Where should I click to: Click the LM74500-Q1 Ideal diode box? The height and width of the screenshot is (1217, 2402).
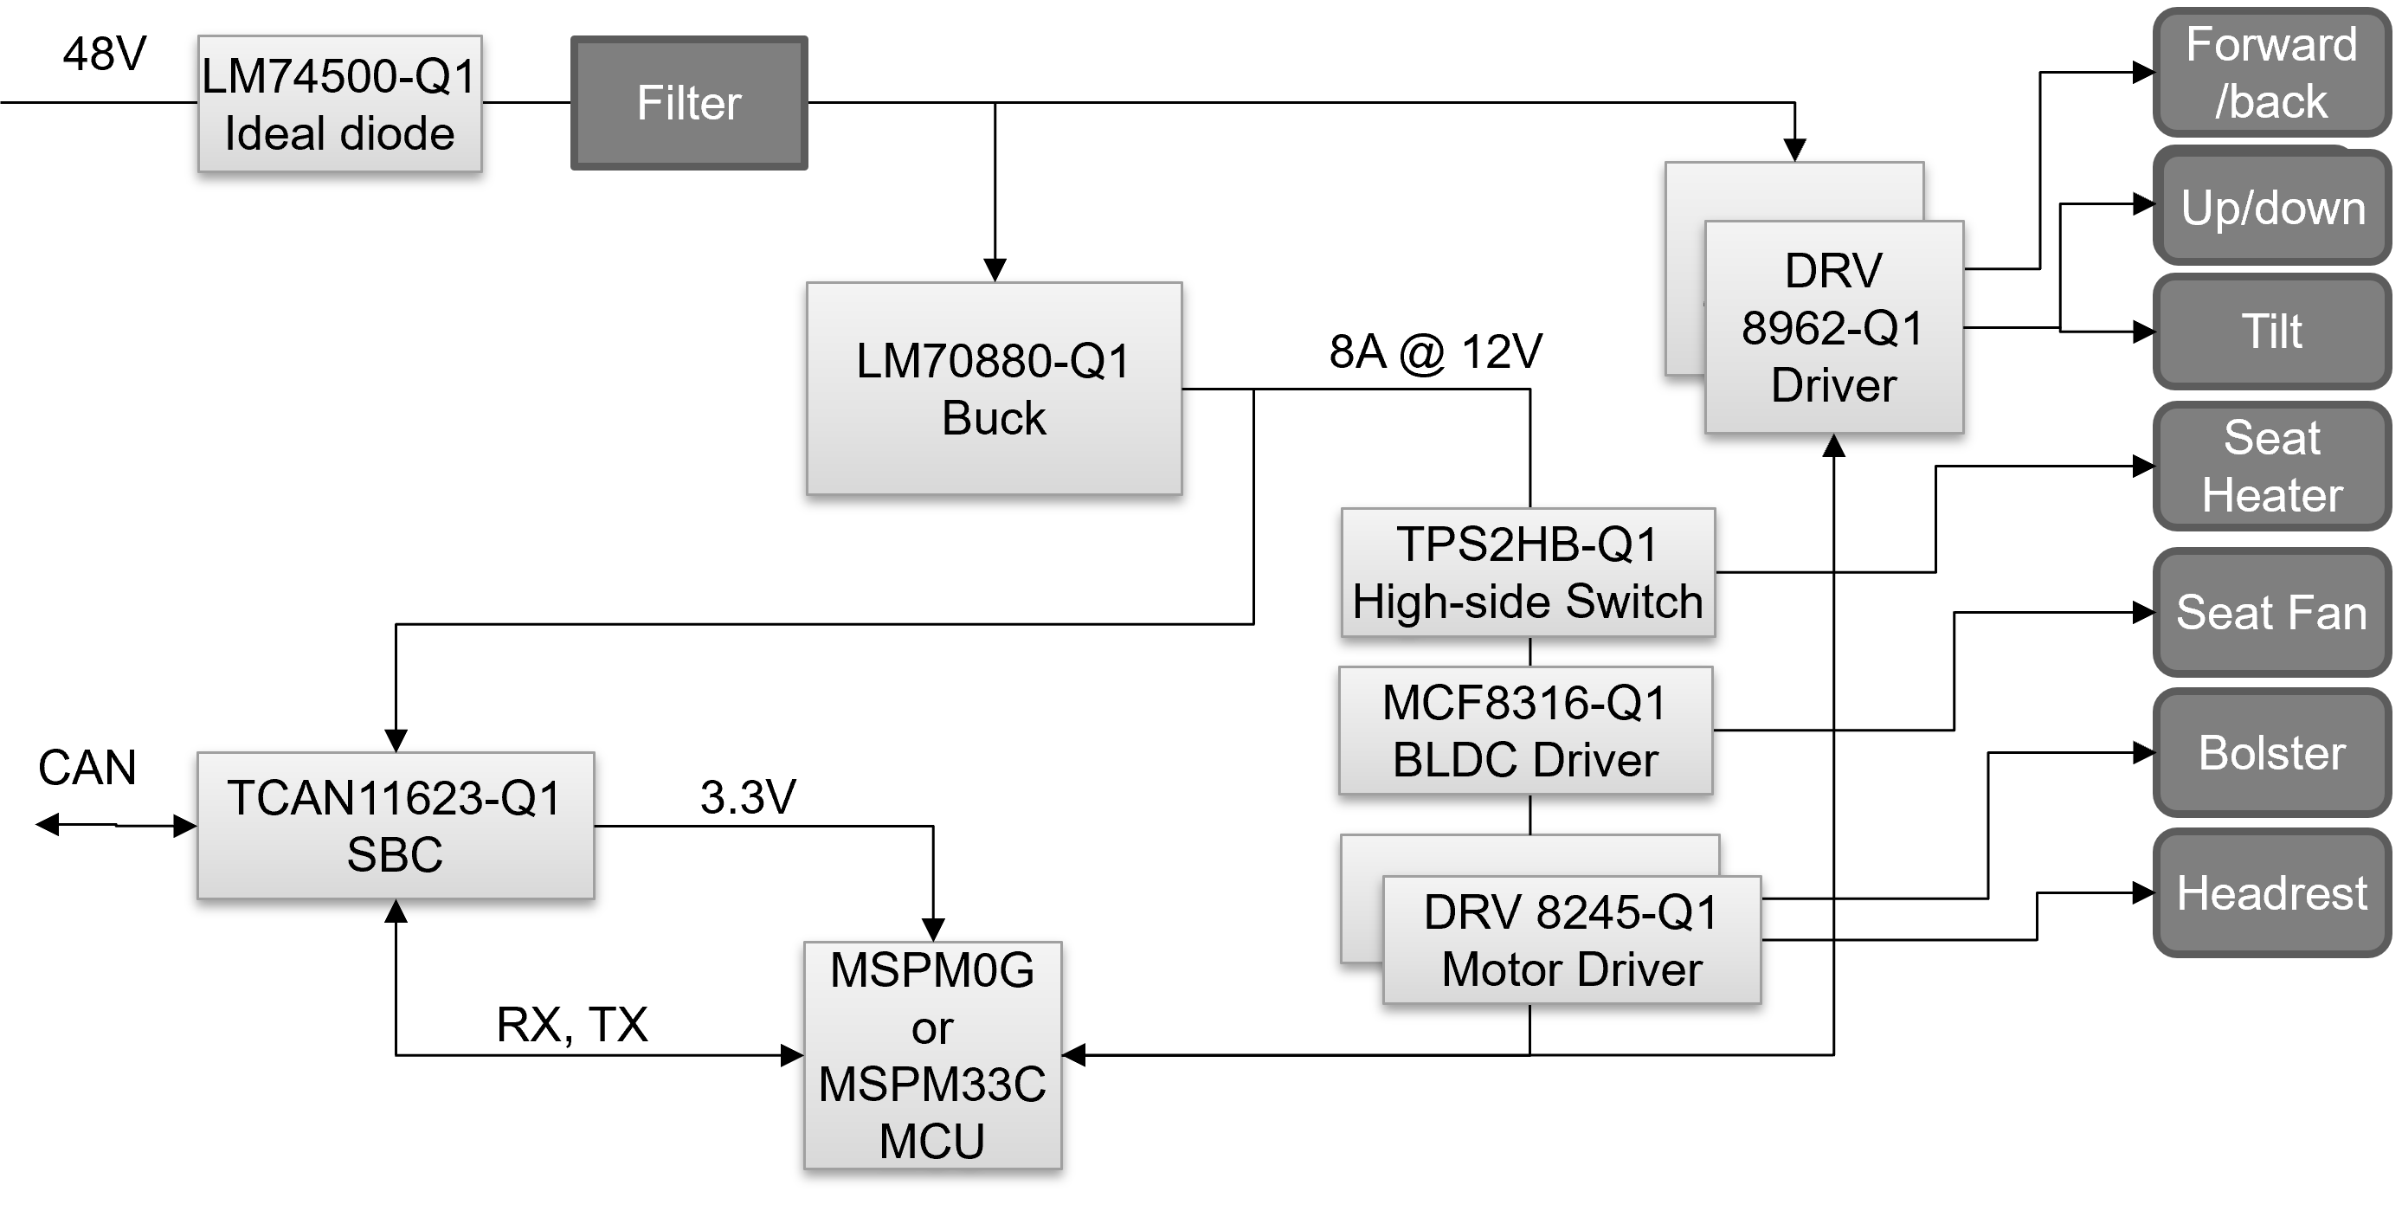coord(339,105)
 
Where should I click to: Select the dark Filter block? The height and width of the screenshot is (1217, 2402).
coord(689,103)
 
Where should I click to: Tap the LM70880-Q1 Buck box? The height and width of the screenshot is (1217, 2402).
coord(994,389)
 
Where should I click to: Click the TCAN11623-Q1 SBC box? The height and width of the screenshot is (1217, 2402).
coord(396,825)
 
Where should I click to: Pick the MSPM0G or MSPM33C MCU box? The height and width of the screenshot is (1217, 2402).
coord(932,1055)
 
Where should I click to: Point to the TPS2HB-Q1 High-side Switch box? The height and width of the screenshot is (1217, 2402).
coord(1528,573)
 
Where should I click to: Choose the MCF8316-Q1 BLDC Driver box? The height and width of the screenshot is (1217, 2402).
coord(1525,731)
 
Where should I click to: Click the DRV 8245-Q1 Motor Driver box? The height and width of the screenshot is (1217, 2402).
coord(1571,940)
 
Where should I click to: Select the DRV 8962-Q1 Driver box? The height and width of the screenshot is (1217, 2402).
coord(1833,327)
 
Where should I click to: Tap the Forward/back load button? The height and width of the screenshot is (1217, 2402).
coord(2271,73)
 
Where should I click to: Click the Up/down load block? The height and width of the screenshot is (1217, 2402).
coord(2272,207)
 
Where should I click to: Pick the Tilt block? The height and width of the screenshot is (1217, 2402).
coord(2271,331)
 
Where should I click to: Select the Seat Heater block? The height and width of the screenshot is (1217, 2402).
coord(2271,467)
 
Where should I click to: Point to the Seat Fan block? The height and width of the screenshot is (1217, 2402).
coord(2271,613)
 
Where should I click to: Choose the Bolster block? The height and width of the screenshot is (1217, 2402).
coord(2271,752)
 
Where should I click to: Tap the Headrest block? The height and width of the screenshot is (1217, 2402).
coord(2271,892)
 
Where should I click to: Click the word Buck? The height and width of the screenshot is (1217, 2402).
coord(994,418)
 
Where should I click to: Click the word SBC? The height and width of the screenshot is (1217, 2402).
coord(396,854)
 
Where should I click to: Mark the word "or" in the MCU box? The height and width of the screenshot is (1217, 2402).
coord(932,1028)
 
